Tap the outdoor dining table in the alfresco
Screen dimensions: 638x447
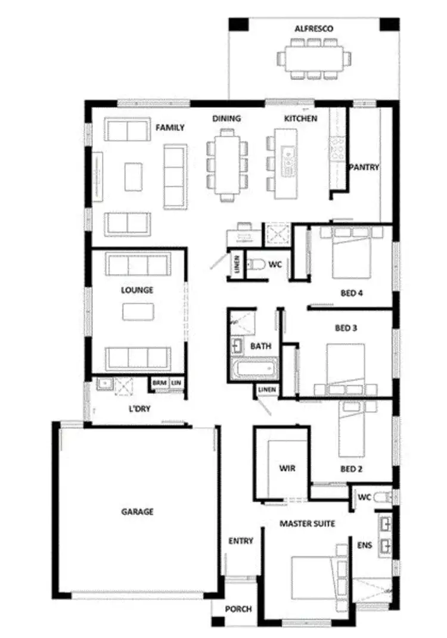pos(313,58)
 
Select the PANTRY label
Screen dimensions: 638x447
pos(364,167)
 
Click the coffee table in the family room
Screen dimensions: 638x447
pos(134,177)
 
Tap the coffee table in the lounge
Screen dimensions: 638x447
pos(138,312)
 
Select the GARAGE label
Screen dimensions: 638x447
pos(138,511)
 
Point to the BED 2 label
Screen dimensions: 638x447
pos(352,469)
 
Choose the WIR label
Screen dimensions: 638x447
pos(287,468)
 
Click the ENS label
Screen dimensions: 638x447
pos(364,544)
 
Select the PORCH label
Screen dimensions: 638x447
pos(238,609)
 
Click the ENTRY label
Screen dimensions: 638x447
pos(241,541)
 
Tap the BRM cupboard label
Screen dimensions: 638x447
pos(159,383)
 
